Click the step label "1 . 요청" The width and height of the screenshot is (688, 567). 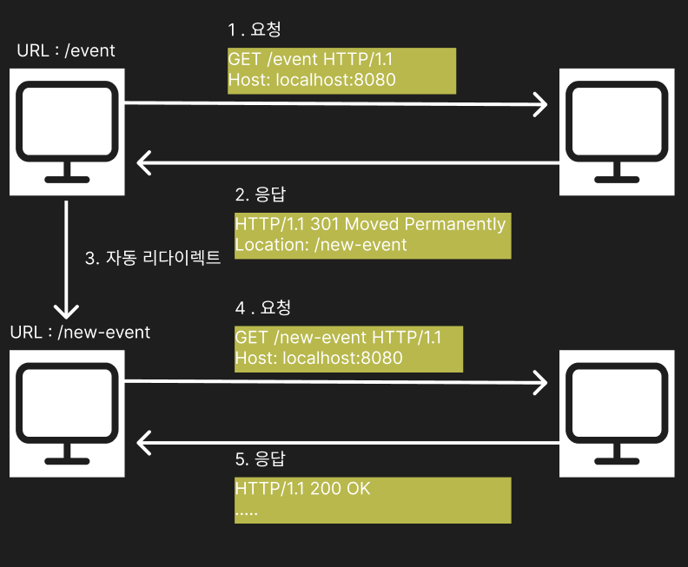coord(254,30)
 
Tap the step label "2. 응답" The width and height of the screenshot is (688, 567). coord(261,194)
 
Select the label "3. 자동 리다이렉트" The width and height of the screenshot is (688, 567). coord(153,258)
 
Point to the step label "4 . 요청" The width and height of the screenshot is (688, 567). coord(263,307)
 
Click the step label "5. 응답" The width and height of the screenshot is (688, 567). coord(261,459)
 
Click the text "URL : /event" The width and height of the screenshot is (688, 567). coord(66,51)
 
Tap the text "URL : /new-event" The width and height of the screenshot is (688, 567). coord(80,333)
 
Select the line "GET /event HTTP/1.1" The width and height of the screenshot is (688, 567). coord(310,59)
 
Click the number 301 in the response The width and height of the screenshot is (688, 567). coord(325,224)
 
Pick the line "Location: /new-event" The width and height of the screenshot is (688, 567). coord(321,245)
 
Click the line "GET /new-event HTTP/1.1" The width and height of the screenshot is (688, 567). coord(338,337)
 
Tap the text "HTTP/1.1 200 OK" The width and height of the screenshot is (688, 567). coord(303,489)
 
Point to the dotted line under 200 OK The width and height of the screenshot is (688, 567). coord(246,513)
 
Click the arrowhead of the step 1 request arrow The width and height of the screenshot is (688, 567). coord(546,104)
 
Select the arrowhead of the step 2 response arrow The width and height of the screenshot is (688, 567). coord(138,163)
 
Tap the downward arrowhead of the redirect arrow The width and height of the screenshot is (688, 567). coord(66,318)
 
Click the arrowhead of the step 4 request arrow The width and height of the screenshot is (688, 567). coord(546,383)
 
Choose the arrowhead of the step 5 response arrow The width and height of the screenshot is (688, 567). coord(138,443)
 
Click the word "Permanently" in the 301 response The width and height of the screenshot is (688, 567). coord(455,225)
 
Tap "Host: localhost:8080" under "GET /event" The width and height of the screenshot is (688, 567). coord(312,80)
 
